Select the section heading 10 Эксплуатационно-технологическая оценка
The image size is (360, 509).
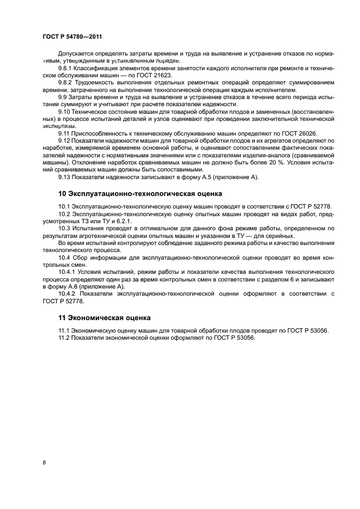(x=140, y=193)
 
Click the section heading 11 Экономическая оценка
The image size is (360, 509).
(x=105, y=317)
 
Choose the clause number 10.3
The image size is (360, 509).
(x=65, y=229)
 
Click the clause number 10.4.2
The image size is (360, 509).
(x=68, y=293)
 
